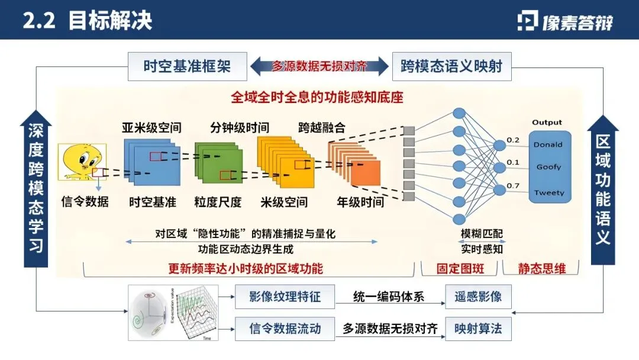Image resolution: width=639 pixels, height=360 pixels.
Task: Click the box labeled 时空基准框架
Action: coord(187,66)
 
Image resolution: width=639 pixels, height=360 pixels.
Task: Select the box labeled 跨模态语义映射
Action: coord(451,66)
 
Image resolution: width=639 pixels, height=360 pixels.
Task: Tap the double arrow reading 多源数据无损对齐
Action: coord(319,66)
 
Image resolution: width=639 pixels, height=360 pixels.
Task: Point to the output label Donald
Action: coord(548,144)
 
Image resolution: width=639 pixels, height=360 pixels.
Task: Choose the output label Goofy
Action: coord(548,167)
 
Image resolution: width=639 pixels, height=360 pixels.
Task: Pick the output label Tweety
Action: coord(549,192)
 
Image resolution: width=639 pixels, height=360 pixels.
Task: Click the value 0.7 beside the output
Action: coord(512,186)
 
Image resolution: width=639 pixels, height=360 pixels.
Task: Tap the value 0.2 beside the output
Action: coord(512,140)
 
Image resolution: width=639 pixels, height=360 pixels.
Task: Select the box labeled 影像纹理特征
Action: coord(285,297)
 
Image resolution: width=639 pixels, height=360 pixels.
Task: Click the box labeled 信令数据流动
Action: coord(285,328)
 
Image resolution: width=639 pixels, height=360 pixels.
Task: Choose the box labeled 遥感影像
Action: coord(477,297)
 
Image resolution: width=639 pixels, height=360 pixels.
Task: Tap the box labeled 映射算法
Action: coord(477,328)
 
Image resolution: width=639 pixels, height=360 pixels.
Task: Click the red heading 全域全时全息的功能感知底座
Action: coord(317,97)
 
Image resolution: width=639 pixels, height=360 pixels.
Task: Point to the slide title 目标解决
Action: coord(110,20)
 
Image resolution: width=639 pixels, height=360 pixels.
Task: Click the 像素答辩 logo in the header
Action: coord(565,21)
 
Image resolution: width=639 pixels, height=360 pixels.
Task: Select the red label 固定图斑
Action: coord(460,268)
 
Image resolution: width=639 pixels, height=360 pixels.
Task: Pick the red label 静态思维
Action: coord(542,268)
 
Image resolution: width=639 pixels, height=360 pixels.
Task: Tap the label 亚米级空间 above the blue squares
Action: coord(151,127)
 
